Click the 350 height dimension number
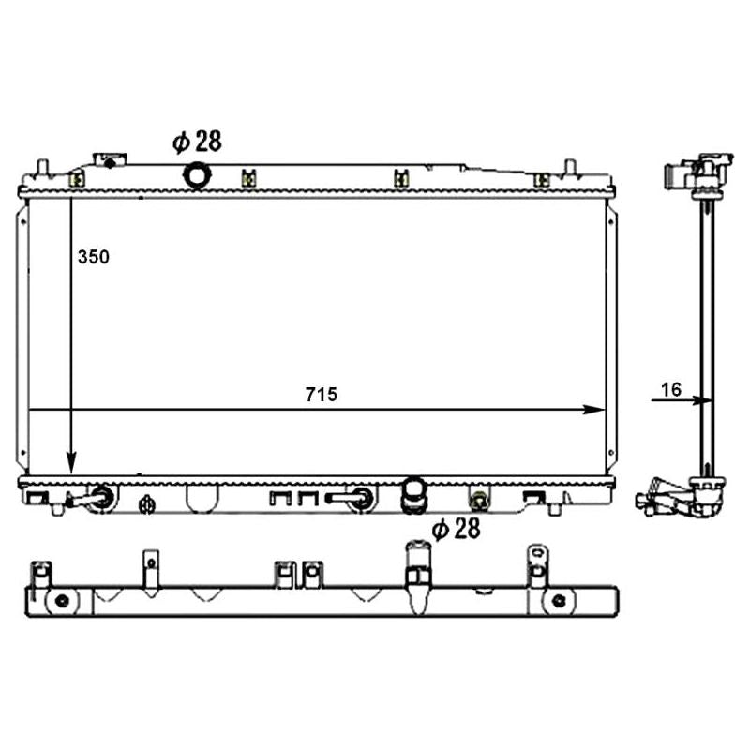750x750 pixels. click(94, 257)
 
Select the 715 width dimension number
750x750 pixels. click(320, 396)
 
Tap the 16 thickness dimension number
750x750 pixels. click(669, 389)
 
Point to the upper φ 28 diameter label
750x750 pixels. click(196, 142)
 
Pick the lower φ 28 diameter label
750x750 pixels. click(456, 530)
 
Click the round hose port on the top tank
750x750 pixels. click(198, 174)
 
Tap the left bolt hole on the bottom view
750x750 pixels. click(62, 600)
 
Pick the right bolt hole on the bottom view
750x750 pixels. click(559, 600)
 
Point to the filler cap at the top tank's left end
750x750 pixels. click(110, 160)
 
